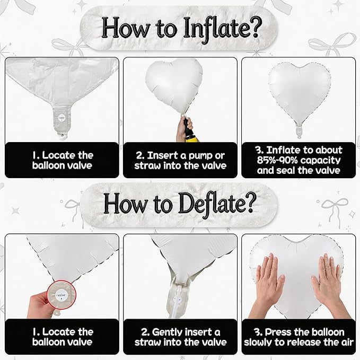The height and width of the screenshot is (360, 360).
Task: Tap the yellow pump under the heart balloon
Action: [193, 138]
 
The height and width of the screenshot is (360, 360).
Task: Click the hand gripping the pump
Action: [183, 128]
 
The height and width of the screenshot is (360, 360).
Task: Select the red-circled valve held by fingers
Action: [62, 295]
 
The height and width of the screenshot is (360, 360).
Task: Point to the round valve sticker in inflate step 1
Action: [62, 118]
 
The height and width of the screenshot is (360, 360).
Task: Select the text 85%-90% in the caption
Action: [277, 160]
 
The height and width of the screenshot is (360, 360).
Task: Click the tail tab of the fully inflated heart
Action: [298, 131]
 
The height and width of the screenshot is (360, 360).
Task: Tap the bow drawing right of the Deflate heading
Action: [333, 209]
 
